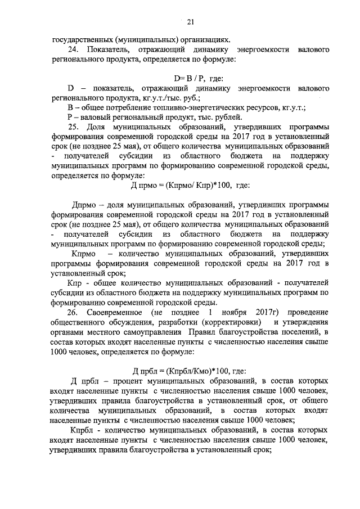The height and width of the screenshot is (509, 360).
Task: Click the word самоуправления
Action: [x=141, y=332]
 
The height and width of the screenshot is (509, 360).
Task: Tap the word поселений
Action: [x=292, y=332]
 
